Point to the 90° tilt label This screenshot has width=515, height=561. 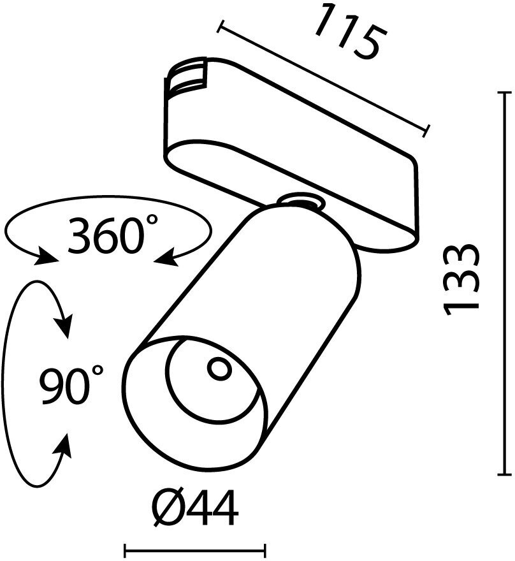(x=71, y=385)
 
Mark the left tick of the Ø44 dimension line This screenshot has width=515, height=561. (x=126, y=548)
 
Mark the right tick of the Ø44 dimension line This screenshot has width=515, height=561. (x=265, y=548)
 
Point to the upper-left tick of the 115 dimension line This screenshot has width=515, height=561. (x=221, y=26)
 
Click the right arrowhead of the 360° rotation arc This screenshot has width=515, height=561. (x=164, y=258)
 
